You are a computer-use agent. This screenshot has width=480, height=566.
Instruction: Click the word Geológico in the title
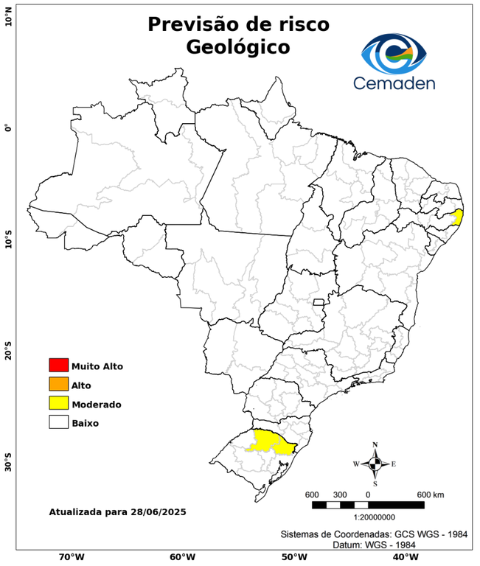(238, 47)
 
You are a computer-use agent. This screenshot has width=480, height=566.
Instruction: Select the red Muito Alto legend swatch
(58, 366)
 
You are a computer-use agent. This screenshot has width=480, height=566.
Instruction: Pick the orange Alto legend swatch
(58, 385)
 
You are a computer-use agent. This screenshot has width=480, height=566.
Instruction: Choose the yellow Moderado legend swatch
(58, 404)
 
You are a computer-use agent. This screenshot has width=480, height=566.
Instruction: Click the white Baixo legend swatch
(58, 423)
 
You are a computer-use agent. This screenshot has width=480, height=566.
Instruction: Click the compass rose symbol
(375, 464)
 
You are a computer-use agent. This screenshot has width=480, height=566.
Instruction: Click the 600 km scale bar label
(431, 494)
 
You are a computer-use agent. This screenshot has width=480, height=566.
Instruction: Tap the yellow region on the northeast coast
(458, 216)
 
